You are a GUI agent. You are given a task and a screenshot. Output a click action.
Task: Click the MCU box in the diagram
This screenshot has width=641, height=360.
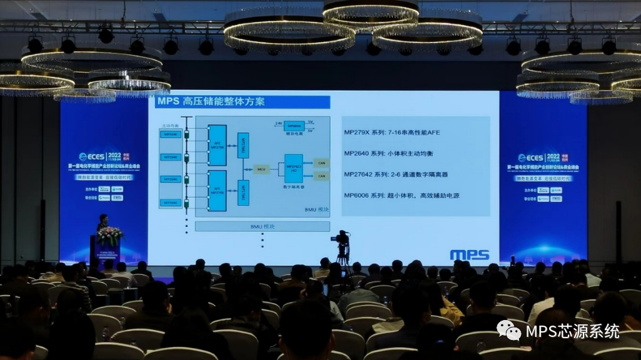pyautogui.click(x=262, y=169)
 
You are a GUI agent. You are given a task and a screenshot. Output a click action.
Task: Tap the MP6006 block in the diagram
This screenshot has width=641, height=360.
pyautogui.click(x=295, y=126)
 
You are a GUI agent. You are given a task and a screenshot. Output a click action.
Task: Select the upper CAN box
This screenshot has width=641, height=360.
pyautogui.click(x=321, y=162)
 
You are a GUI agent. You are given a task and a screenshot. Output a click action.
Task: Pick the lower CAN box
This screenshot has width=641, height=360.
pyautogui.click(x=321, y=176)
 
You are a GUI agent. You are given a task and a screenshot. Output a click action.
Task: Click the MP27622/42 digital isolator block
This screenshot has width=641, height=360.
pyautogui.click(x=293, y=168)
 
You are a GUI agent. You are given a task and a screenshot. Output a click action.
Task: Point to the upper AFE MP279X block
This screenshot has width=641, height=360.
pyautogui.click(x=217, y=145)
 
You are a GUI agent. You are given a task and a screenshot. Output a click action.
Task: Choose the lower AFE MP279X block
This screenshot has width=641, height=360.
pyautogui.click(x=217, y=190)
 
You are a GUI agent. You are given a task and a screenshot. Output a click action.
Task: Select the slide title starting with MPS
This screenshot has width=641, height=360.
pyautogui.click(x=210, y=102)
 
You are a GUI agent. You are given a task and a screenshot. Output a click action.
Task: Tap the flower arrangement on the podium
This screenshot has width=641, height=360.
pyautogui.click(x=109, y=236)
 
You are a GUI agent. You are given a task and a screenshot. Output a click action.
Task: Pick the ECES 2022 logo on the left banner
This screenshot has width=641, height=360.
pyautogui.click(x=101, y=157)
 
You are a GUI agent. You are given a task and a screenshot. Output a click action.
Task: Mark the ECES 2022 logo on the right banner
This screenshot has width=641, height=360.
pyautogui.click(x=538, y=157)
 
